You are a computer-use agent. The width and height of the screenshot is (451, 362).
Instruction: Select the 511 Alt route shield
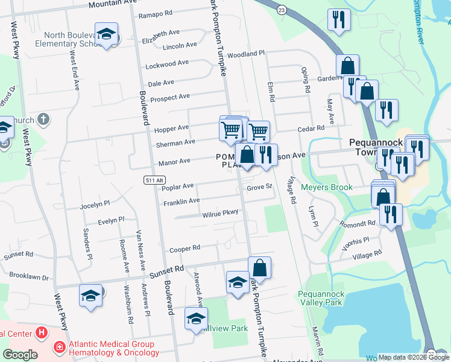[153, 180]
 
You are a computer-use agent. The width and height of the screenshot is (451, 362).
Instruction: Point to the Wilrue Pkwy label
[221, 213]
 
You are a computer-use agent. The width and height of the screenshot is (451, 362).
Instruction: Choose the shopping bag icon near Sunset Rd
[259, 267]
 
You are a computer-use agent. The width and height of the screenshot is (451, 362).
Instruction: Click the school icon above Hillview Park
[196, 319]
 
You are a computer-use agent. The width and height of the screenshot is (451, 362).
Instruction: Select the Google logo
[19, 354]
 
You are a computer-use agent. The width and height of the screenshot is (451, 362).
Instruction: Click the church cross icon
[42, 119]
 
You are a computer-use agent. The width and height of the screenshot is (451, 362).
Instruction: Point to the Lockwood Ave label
[168, 64]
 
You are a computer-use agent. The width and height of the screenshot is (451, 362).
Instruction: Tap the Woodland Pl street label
[246, 54]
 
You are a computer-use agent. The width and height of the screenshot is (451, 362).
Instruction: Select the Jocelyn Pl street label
[95, 205]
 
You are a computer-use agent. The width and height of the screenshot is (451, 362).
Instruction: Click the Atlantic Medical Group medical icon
[60, 348]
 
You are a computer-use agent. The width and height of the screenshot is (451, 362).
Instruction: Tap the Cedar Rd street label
[312, 128]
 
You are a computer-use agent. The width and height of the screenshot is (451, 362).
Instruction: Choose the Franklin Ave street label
[181, 202]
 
